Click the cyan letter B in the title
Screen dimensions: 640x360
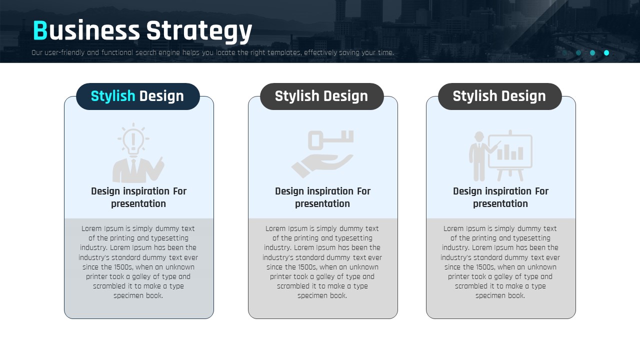(40, 30)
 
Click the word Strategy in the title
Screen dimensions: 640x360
(199, 31)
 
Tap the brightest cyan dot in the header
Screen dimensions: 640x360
(606, 53)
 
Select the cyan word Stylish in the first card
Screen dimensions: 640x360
(113, 96)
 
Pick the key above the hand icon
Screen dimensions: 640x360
(330, 140)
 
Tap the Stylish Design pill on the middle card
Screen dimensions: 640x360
(321, 96)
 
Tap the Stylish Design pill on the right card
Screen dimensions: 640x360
(499, 96)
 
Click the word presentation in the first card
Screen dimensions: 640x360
(138, 203)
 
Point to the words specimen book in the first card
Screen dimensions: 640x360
(138, 295)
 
